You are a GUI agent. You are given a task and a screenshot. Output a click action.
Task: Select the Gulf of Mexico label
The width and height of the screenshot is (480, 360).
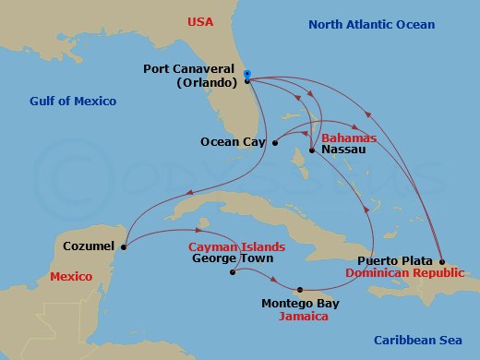pyautogui.click(x=73, y=101)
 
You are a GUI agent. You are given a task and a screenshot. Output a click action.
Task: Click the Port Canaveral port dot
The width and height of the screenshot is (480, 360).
pyautogui.click(x=247, y=81)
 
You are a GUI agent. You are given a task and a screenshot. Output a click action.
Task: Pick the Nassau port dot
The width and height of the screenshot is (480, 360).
pyautogui.click(x=313, y=150)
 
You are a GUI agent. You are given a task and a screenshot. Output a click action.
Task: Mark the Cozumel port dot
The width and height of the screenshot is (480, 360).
pyautogui.click(x=124, y=246)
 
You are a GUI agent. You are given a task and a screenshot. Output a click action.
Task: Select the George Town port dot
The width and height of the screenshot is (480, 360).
pyautogui.click(x=232, y=272)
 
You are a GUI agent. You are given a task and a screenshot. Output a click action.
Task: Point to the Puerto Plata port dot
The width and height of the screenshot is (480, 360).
pyautogui.click(x=441, y=262)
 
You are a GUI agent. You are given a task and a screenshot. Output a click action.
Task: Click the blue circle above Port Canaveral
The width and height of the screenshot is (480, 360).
pyautogui.click(x=248, y=72)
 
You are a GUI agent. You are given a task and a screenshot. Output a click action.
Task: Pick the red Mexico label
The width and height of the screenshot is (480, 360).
pyautogui.click(x=72, y=276)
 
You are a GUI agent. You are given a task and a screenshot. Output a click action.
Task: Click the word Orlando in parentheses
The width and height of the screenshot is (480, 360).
pyautogui.click(x=208, y=82)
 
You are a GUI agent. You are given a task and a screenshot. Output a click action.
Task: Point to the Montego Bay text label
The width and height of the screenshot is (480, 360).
pyautogui.click(x=300, y=303)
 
